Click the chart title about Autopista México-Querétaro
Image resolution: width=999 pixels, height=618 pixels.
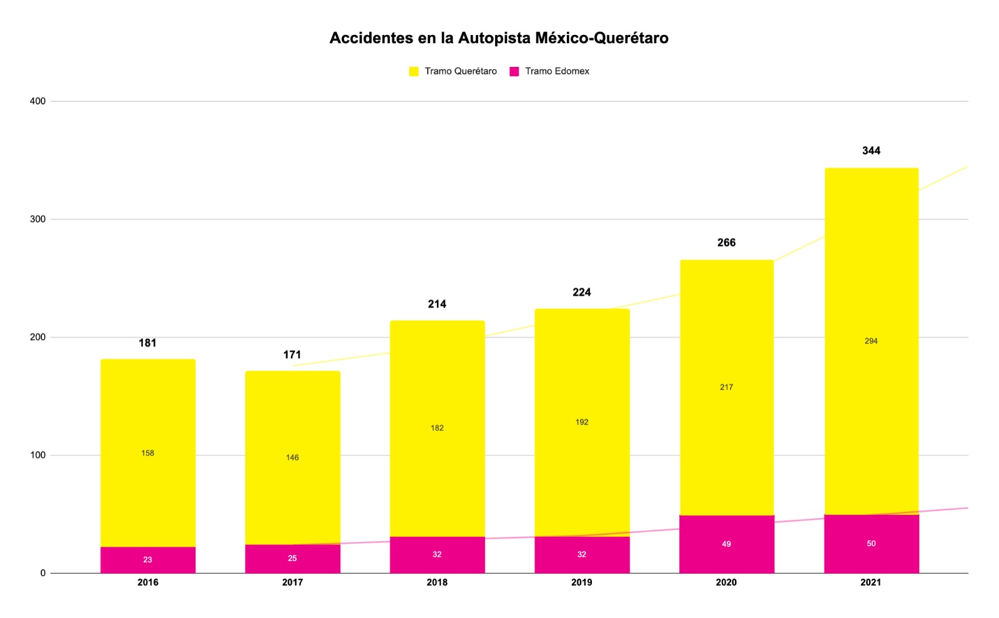[x=499, y=38]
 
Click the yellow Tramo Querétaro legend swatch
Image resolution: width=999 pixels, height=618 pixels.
[x=413, y=71]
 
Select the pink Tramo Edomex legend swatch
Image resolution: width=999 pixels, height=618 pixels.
[x=514, y=71]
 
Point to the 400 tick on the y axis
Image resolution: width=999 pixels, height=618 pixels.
[x=37, y=101]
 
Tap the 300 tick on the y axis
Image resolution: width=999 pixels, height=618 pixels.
[x=37, y=219]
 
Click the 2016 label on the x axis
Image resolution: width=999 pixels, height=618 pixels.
[x=147, y=582]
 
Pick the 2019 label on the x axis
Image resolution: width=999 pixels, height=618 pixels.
[x=581, y=582]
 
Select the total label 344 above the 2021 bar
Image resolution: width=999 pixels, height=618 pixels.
[x=871, y=150]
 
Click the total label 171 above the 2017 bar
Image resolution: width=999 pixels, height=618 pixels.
[x=292, y=355]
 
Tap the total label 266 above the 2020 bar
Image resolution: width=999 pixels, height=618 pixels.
[x=726, y=242]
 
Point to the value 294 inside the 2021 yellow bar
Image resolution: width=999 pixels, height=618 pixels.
[x=871, y=341]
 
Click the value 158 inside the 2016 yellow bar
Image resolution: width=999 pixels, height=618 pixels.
[x=147, y=453]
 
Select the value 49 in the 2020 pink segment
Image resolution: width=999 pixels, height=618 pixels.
[x=726, y=544]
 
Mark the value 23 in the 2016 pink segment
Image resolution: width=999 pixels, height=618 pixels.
[x=147, y=559]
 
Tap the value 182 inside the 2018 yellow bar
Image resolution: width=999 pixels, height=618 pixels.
[x=437, y=428]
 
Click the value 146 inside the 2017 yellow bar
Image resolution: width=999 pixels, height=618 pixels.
[x=292, y=458]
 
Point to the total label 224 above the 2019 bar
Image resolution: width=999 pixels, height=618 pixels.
[x=581, y=292]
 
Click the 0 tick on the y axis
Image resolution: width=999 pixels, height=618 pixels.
[x=42, y=573]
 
